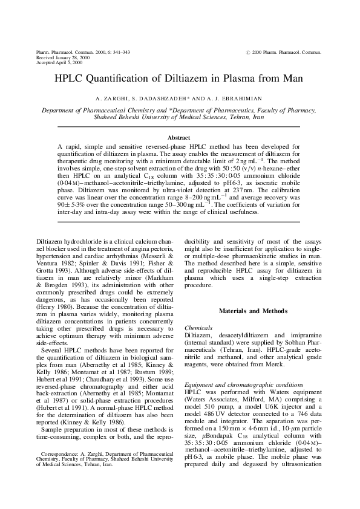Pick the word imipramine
[x=295, y=334]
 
